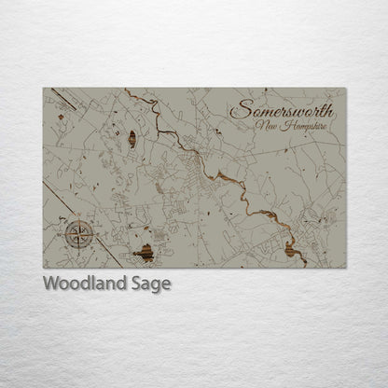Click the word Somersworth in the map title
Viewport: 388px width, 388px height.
coord(280,108)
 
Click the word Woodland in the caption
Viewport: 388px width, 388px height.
coord(82,284)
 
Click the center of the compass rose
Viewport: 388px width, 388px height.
coord(78,234)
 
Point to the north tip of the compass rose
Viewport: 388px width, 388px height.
coord(78,219)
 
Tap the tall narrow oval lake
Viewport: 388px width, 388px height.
coord(132,140)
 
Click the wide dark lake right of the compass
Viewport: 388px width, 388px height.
coord(144,252)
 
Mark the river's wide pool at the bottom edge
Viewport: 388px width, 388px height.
coord(289,249)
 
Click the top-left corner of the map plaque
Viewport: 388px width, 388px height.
coord(44,89)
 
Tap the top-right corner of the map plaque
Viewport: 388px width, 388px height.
coord(345,89)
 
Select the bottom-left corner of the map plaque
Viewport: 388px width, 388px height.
coord(44,268)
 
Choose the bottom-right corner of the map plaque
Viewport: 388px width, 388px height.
coord(345,268)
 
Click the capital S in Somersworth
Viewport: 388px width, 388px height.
coord(237,108)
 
